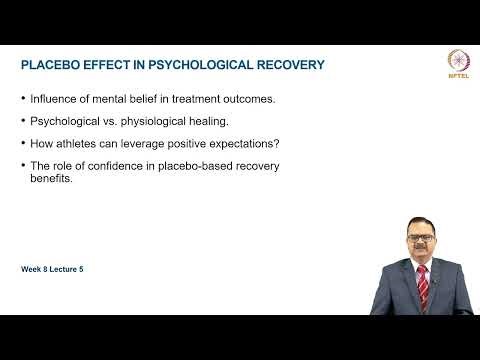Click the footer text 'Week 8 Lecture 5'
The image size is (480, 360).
tap(57, 270)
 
